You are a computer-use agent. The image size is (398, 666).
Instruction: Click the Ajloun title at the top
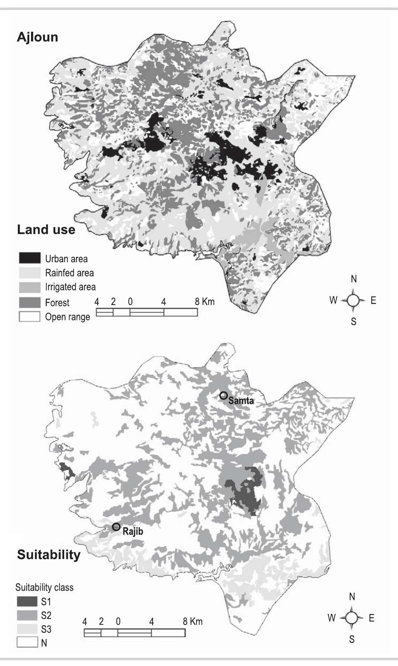37,37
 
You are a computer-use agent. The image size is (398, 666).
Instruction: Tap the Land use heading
46,229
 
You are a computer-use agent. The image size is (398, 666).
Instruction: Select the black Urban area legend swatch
29,258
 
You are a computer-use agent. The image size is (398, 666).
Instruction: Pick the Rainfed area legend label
69,273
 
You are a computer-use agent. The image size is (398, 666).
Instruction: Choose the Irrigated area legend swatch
29,287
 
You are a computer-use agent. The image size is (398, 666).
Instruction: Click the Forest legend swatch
29,303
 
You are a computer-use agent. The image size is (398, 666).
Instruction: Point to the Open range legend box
29,317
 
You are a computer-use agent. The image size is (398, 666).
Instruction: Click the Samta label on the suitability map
241,400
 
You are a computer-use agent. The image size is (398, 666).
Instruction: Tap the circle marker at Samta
224,395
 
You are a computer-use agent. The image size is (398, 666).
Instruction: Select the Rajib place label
133,531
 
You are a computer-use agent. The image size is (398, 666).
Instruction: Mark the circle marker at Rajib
116,527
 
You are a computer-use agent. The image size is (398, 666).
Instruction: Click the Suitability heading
49,555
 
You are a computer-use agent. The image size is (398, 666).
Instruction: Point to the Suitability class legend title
44,588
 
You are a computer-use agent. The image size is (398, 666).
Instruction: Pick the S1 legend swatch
27,602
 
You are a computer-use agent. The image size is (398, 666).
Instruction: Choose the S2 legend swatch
27,615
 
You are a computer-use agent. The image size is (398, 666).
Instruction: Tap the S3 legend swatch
27,629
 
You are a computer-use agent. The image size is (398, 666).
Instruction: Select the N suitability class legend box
27,643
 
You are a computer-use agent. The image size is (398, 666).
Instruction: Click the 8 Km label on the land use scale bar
205,302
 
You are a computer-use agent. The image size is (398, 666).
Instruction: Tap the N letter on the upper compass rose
354,279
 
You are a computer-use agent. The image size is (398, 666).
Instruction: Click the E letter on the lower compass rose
372,618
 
